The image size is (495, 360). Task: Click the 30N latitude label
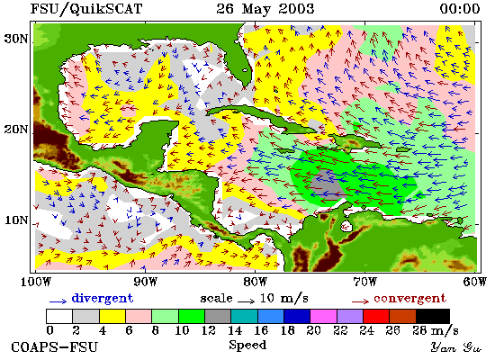click(15, 40)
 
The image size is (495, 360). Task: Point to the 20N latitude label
click(15, 130)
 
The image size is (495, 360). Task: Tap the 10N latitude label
click(16, 220)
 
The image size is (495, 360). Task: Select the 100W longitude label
click(36, 282)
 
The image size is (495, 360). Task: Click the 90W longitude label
click(146, 282)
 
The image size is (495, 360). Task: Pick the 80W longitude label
click(256, 282)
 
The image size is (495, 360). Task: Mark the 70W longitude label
click(364, 282)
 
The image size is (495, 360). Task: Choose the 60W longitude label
click(475, 282)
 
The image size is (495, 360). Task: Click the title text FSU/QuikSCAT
click(86, 9)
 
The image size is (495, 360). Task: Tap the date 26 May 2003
click(265, 8)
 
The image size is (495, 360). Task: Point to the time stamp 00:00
click(460, 8)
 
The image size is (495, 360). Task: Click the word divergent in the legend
click(103, 299)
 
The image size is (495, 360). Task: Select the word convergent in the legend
click(409, 299)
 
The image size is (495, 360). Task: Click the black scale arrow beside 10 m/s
click(246, 301)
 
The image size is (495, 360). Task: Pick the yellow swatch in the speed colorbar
click(112, 317)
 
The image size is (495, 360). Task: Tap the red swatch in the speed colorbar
click(376, 317)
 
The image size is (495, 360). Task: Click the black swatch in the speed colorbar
click(433, 317)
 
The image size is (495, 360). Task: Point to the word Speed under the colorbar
click(247, 345)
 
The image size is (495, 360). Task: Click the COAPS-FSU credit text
click(54, 347)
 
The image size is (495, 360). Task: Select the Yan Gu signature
click(456, 347)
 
